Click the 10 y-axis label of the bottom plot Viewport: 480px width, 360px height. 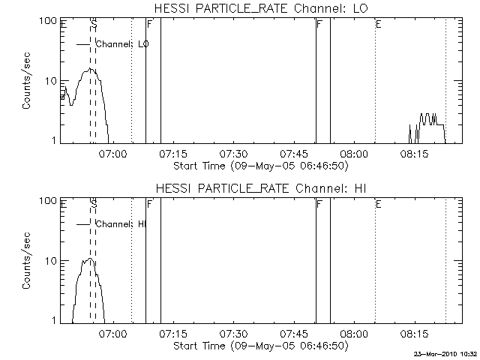pos(52,261)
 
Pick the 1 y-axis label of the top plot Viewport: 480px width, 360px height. pos(55,140)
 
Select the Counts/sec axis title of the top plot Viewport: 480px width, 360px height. pos(27,81)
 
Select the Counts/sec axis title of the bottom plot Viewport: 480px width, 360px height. pos(27,261)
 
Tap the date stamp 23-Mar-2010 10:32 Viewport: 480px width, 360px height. pos(445,351)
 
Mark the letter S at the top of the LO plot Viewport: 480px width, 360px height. pos(94,25)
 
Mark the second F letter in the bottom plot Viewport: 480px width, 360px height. pos(319,204)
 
